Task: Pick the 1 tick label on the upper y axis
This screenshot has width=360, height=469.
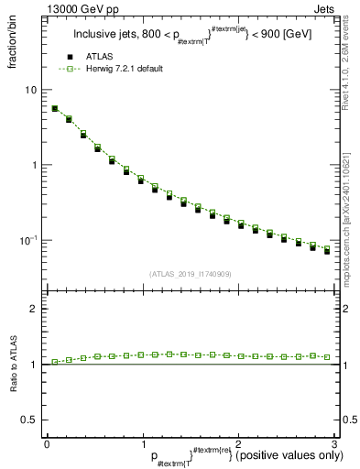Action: click(34, 165)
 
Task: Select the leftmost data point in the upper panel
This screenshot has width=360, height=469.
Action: click(55, 108)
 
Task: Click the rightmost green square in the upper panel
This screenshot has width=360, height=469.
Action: click(327, 248)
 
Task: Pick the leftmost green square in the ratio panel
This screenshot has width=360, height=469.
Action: click(55, 362)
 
